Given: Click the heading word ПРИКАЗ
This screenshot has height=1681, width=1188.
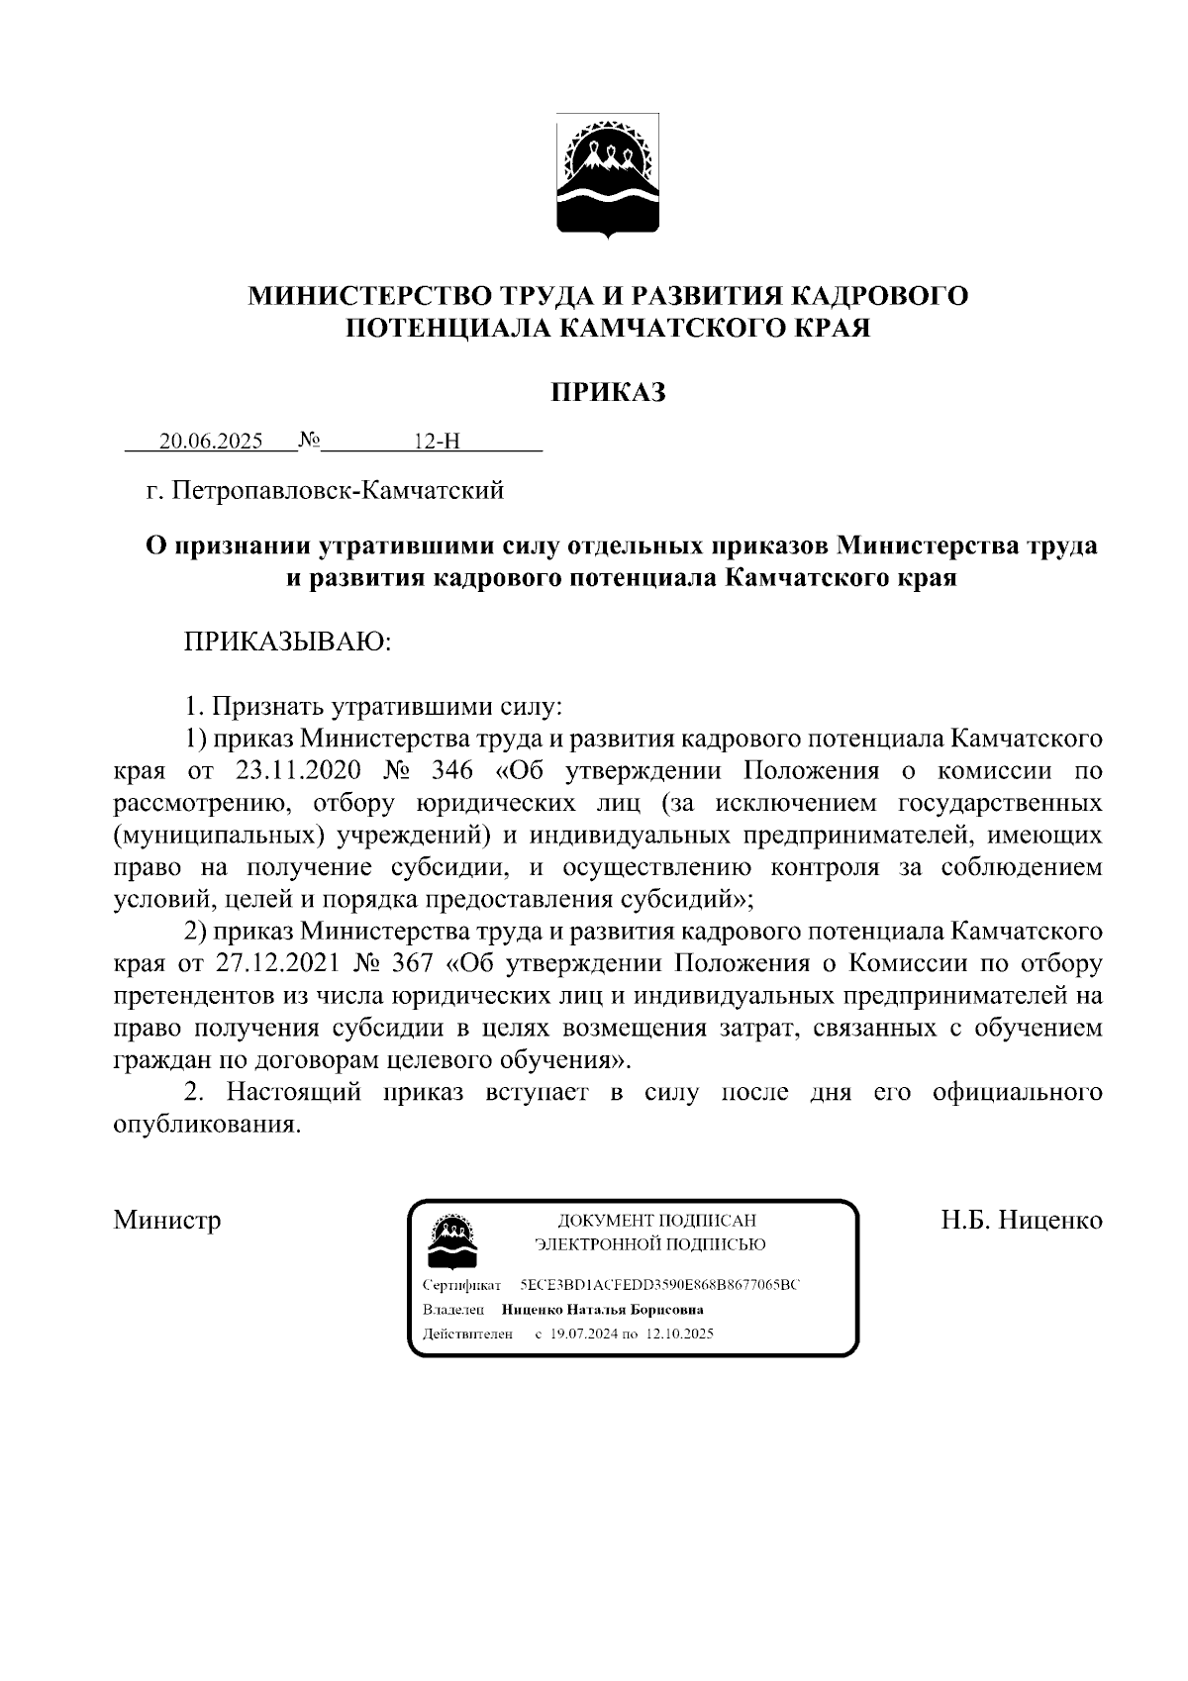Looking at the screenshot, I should click(608, 393).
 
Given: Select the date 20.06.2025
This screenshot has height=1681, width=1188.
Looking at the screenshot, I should click(211, 442).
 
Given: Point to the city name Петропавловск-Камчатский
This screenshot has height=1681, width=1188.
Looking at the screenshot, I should click(338, 490).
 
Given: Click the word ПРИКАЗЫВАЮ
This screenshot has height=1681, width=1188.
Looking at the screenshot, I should click(287, 643).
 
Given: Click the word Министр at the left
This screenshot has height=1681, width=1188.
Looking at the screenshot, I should click(166, 1220).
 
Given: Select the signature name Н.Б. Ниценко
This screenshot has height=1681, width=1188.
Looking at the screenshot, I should click(1021, 1220).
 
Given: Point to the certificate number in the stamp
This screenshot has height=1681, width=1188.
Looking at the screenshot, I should click(658, 1285).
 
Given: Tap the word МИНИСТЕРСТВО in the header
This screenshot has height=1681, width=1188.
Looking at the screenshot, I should click(371, 295).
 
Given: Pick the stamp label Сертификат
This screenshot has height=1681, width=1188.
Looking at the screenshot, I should click(461, 1285).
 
